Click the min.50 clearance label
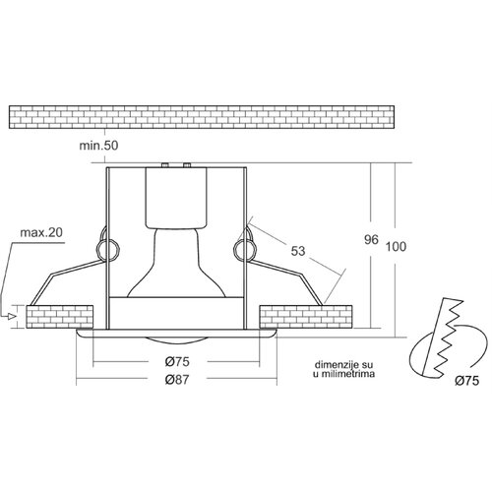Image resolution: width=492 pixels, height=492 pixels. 98,146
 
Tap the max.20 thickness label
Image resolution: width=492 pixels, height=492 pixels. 41,232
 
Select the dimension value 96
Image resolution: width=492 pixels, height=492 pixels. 371,240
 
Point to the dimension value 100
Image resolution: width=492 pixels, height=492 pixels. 396,246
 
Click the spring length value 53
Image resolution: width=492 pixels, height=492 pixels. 298,251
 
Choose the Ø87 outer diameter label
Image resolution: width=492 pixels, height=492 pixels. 177,380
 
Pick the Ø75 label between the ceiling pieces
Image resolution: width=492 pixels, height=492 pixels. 177,362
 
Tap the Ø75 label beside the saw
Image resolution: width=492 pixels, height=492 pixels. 467,381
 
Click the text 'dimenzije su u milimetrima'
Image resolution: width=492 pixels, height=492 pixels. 343,369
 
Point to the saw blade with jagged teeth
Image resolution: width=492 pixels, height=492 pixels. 444,337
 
